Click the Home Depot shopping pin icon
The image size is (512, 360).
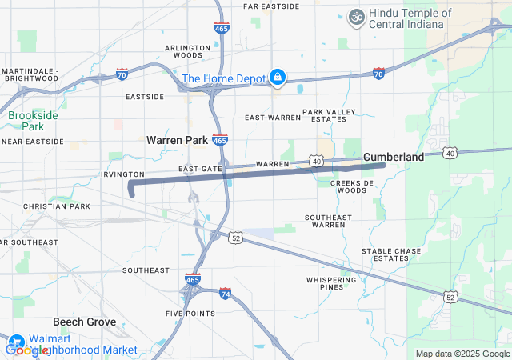[277, 77]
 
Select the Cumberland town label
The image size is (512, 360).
[394, 158]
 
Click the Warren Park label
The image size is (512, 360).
[177, 140]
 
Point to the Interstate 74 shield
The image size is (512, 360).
[226, 294]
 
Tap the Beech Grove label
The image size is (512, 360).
[84, 322]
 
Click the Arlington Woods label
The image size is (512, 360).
[188, 52]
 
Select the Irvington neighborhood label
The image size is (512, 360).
[122, 174]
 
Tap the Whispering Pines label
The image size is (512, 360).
[330, 283]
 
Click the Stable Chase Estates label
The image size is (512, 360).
[391, 254]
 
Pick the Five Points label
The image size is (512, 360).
[190, 313]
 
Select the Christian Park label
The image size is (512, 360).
[57, 206]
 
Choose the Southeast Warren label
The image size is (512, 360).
[328, 221]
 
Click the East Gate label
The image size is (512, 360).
[200, 170]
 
